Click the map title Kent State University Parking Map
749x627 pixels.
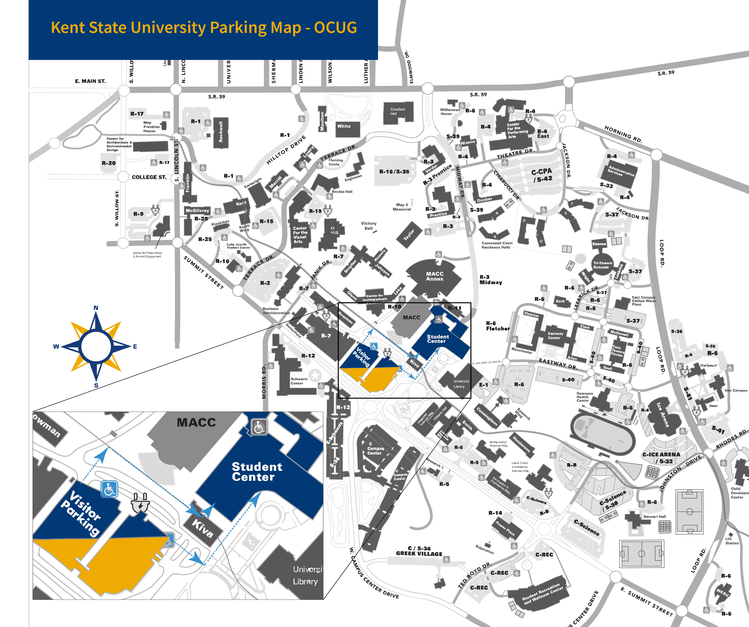[x=204, y=27]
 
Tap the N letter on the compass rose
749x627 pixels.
[x=96, y=308]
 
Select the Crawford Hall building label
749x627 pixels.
[x=397, y=112]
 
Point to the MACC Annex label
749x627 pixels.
[x=434, y=276]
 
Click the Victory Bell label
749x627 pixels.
[x=368, y=226]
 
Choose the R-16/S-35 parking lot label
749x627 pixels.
[x=394, y=172]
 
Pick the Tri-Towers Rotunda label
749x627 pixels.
[x=602, y=265]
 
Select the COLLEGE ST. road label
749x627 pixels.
[x=149, y=177]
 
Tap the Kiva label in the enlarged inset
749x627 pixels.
[x=202, y=528]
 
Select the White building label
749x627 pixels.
[x=344, y=126]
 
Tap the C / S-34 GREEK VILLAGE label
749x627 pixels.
[x=419, y=551]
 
